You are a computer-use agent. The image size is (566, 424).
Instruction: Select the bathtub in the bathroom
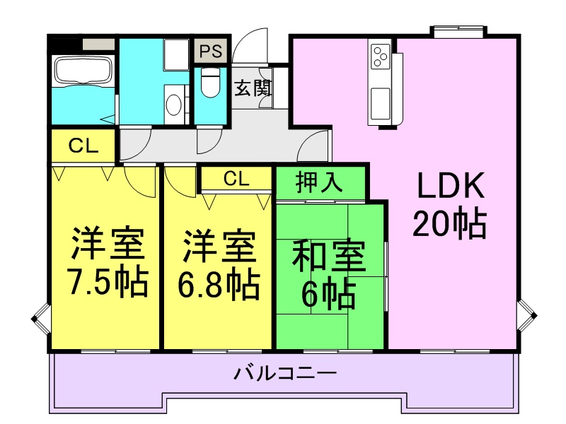[83, 71]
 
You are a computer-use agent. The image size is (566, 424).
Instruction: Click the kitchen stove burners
[380, 54]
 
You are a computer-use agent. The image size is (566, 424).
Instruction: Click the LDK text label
[450, 187]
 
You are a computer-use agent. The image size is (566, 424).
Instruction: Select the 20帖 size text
[450, 225]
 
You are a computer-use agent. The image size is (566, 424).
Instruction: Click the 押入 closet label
[320, 182]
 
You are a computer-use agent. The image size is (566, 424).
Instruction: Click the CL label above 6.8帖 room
[236, 178]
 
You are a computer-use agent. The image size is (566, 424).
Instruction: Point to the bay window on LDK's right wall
[527, 314]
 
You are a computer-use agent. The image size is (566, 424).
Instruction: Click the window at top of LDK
[458, 31]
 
